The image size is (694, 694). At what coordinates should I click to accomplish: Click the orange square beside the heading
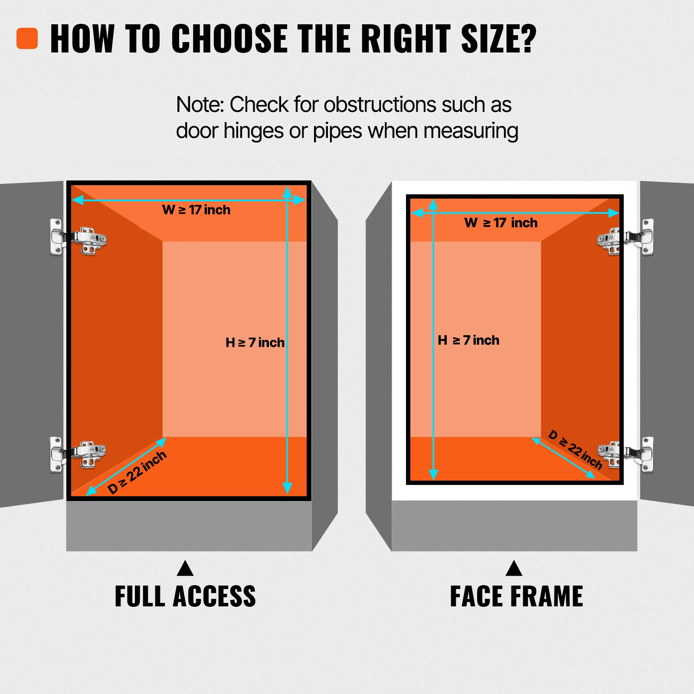click(27, 39)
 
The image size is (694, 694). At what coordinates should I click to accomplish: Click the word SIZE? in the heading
click(499, 39)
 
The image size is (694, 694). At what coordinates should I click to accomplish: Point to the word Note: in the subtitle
click(200, 105)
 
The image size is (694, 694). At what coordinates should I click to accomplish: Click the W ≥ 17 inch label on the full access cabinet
click(196, 210)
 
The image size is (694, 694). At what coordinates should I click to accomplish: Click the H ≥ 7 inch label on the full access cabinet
click(255, 343)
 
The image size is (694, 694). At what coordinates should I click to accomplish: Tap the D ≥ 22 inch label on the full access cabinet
click(137, 472)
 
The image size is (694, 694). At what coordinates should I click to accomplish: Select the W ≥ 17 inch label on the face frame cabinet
click(501, 223)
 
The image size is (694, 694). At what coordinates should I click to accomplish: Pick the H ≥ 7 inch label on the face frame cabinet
click(468, 340)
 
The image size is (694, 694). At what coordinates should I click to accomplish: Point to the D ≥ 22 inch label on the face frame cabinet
click(576, 450)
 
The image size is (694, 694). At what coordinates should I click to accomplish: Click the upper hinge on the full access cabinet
click(78, 237)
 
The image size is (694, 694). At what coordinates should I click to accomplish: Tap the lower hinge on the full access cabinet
click(78, 455)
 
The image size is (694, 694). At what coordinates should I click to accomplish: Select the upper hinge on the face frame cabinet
click(625, 237)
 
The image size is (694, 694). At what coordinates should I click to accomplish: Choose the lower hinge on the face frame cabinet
click(625, 454)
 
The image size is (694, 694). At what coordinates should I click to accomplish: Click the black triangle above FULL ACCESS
click(185, 569)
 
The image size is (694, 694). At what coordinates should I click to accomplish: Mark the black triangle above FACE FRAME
click(514, 569)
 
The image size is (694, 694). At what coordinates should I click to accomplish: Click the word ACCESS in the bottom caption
click(214, 596)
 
